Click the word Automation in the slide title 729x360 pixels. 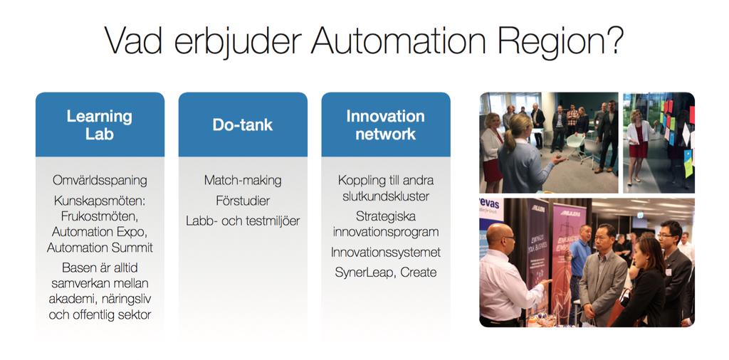point(398,41)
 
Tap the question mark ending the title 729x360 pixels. point(613,41)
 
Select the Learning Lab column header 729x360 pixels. point(100,125)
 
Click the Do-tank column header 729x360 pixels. point(243,125)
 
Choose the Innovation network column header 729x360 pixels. point(385,125)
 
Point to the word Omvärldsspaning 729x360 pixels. point(100,180)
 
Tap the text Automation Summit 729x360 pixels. point(100,247)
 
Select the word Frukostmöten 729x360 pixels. point(100,216)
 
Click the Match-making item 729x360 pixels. point(243,180)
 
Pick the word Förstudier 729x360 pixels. point(243,201)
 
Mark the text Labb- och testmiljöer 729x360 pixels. point(243,221)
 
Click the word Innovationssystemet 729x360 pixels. point(385,253)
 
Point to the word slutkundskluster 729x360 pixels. point(385,196)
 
